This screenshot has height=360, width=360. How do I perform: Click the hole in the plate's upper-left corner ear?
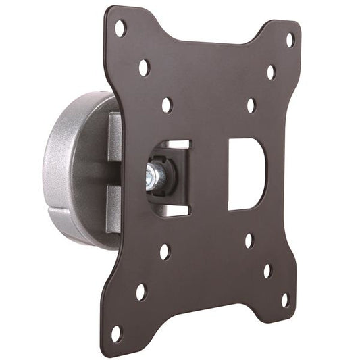(x=120, y=28)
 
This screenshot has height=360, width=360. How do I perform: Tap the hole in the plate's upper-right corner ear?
(x=290, y=40)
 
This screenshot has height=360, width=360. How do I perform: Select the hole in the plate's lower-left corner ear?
(x=116, y=332)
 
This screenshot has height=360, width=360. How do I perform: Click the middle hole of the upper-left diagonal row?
(x=144, y=67)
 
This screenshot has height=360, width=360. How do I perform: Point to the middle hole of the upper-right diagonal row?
(x=271, y=72)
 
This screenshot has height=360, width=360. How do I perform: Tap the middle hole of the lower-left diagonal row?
(x=140, y=292)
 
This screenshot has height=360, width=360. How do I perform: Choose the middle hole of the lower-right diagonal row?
(x=267, y=271)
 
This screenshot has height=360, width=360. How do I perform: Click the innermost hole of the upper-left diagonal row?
(x=167, y=105)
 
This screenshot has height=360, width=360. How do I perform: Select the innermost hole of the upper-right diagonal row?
(x=251, y=105)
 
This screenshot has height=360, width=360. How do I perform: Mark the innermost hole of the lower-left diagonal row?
(x=164, y=251)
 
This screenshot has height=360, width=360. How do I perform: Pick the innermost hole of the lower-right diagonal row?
(x=249, y=240)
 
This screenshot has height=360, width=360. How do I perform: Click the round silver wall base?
(x=64, y=169)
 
